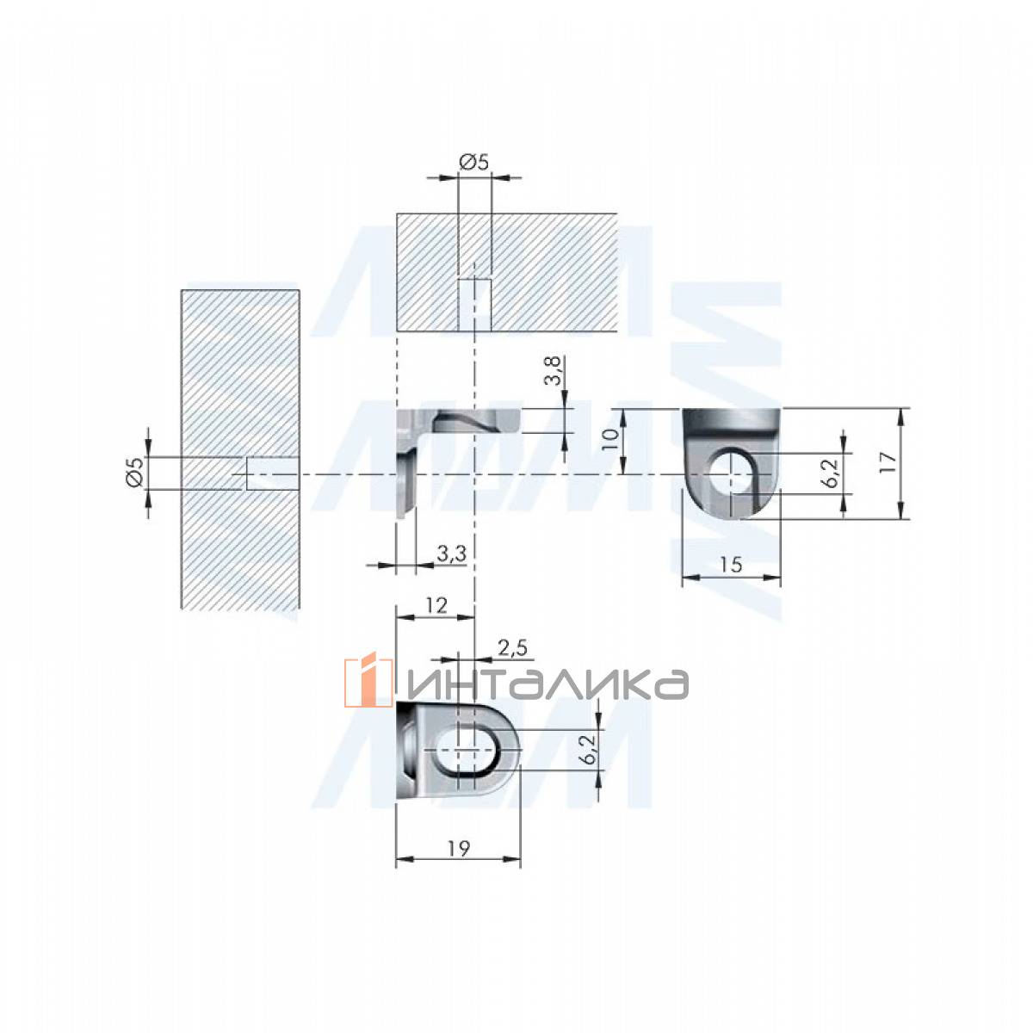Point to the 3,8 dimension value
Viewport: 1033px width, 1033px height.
555,370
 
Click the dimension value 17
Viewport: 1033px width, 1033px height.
888,462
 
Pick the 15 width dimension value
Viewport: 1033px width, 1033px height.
730,564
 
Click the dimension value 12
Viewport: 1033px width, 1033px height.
437,606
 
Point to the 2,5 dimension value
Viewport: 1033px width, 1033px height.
512,648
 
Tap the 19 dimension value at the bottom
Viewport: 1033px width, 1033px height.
459,849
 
